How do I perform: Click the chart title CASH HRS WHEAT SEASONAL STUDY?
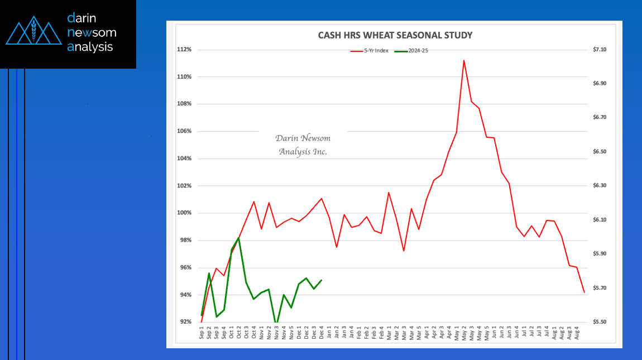(x=395, y=35)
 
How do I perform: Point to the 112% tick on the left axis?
(x=185, y=50)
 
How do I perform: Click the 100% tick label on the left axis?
(x=185, y=213)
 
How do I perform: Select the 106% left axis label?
(x=185, y=131)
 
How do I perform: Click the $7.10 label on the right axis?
(x=600, y=50)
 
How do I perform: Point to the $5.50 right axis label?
(x=600, y=322)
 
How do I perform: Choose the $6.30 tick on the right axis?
(x=600, y=186)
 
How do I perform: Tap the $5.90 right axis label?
(x=600, y=254)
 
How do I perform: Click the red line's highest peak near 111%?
(x=464, y=60)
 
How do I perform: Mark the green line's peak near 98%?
(x=239, y=238)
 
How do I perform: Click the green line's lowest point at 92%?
(x=276, y=323)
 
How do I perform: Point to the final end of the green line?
(x=322, y=280)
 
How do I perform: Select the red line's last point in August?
(x=584, y=292)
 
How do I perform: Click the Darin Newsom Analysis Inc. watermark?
(x=303, y=145)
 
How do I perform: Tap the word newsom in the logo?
(x=92, y=32)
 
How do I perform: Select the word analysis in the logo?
(x=90, y=47)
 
